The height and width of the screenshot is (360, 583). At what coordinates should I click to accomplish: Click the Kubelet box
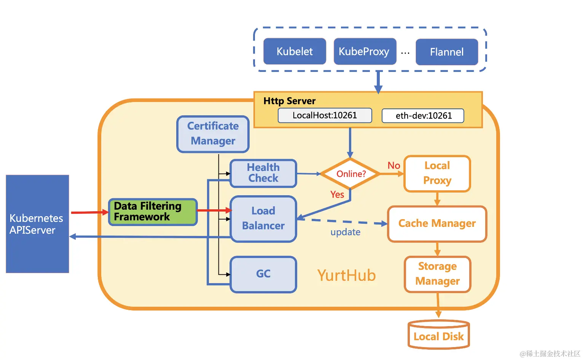295,51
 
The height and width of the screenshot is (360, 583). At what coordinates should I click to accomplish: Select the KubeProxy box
365,51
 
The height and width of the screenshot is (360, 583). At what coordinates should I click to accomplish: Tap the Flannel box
447,52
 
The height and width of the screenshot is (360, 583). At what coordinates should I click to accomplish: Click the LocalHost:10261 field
325,115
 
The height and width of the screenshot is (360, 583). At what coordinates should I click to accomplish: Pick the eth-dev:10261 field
423,116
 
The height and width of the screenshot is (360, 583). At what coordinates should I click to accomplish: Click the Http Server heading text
289,101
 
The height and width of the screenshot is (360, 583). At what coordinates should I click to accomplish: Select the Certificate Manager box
213,134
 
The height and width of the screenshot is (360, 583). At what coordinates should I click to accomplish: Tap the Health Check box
263,173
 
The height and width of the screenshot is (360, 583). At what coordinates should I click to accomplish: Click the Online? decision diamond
350,174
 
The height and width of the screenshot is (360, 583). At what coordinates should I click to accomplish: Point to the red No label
393,166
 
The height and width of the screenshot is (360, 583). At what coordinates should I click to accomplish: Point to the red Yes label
337,194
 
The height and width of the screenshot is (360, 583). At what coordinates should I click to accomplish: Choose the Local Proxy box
437,173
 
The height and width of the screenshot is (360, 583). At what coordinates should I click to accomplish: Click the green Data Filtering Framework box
153,212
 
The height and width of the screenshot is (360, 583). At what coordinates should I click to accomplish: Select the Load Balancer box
263,218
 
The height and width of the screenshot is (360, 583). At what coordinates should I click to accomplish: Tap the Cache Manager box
437,223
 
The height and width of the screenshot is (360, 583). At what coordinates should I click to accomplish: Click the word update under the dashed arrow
345,232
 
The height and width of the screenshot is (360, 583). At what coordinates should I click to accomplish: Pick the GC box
263,274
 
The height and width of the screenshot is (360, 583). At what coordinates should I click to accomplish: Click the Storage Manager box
437,274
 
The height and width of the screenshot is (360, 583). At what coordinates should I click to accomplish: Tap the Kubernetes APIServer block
37,224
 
